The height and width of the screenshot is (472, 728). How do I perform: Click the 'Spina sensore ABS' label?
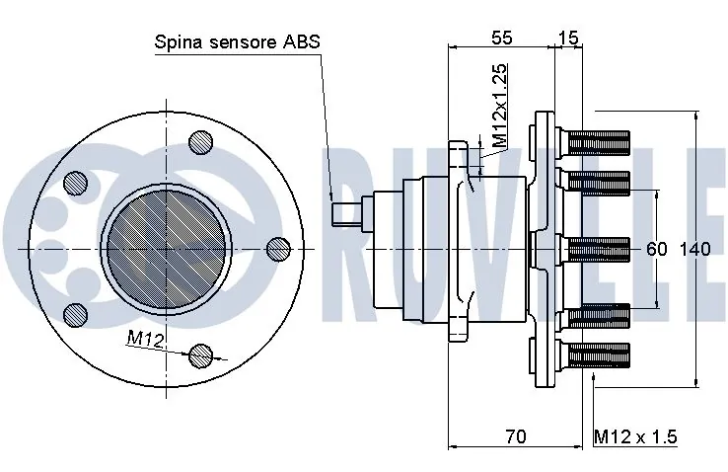pyautogui.click(x=238, y=42)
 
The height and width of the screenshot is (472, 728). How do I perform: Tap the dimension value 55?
pyautogui.click(x=501, y=38)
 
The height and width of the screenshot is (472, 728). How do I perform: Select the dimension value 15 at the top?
pyautogui.click(x=568, y=38)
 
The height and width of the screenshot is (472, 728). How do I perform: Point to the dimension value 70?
pyautogui.click(x=515, y=435)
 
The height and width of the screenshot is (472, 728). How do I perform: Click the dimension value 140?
pyautogui.click(x=694, y=249)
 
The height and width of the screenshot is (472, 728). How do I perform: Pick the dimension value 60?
pyautogui.click(x=657, y=249)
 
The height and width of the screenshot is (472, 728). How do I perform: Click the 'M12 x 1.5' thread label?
pyautogui.click(x=635, y=435)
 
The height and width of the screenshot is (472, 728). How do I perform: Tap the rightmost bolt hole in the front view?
pyautogui.click(x=278, y=248)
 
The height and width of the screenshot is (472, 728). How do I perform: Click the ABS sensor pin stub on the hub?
pyautogui.click(x=347, y=213)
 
